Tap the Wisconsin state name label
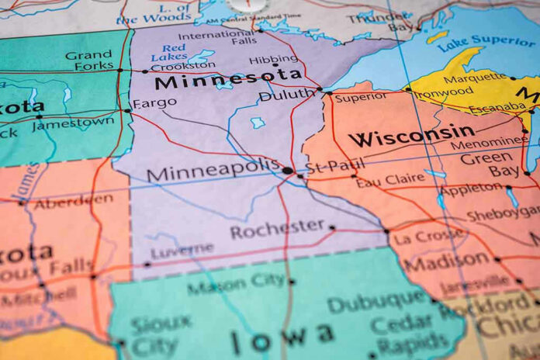tap(411, 133)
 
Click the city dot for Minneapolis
tap(288, 170)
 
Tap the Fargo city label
tap(154, 102)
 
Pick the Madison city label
tap(446, 262)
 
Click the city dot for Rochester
tap(332, 227)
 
